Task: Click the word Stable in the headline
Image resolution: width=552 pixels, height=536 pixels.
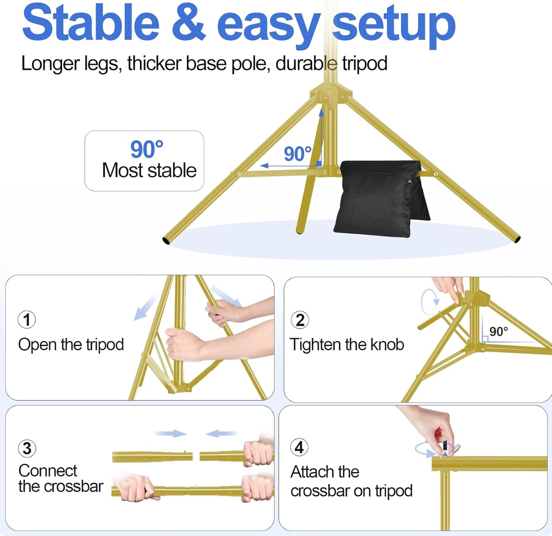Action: (x=91, y=23)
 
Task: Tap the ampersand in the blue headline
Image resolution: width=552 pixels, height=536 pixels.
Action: (x=189, y=23)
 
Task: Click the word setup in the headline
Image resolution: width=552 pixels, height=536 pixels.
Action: (x=393, y=25)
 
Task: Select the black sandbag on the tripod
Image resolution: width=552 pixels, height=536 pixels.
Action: (x=378, y=197)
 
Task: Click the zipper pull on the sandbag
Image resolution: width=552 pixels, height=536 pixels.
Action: (x=410, y=182)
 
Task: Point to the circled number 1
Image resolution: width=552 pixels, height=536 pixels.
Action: (x=27, y=320)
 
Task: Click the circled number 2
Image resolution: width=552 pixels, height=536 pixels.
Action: (x=300, y=320)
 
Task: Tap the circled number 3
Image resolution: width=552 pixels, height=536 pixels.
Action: (x=27, y=449)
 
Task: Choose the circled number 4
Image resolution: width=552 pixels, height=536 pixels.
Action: (x=299, y=447)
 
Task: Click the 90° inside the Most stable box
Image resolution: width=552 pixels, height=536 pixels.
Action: (x=147, y=149)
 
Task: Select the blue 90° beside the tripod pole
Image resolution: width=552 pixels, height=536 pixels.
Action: (x=297, y=154)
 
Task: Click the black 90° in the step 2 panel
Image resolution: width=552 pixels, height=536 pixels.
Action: (x=499, y=331)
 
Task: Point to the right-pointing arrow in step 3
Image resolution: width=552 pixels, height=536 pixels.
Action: (x=171, y=433)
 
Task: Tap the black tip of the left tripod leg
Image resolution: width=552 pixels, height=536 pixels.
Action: (x=166, y=241)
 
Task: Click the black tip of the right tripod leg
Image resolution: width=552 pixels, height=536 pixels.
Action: (x=517, y=239)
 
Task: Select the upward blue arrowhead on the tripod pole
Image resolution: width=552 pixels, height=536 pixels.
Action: (x=321, y=112)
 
